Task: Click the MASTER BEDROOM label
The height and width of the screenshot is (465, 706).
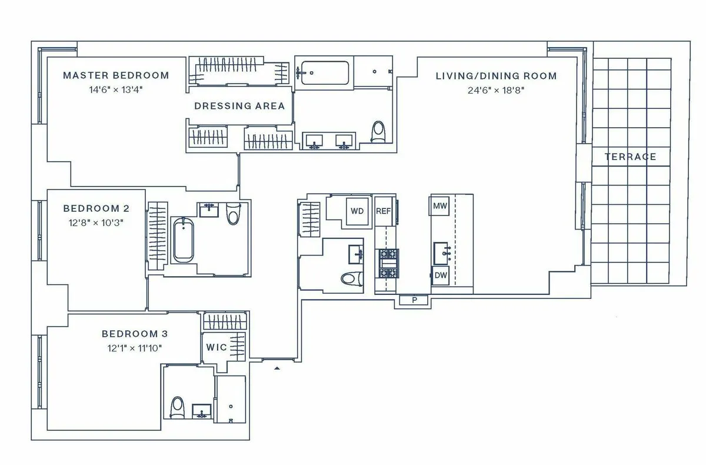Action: tap(115, 75)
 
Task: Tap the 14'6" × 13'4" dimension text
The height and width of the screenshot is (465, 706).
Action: tap(115, 89)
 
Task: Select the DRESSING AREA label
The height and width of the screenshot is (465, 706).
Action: tap(239, 106)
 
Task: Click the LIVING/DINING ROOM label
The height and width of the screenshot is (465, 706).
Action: tap(496, 76)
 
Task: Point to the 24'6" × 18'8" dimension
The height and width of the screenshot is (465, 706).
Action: tap(496, 90)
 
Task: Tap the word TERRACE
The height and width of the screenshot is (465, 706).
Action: tap(630, 157)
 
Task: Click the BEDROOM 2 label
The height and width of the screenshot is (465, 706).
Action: tap(96, 208)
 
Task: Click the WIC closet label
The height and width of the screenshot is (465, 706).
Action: tap(216, 347)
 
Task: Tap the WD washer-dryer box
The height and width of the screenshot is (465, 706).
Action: tap(357, 211)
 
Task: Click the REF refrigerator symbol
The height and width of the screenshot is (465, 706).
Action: tap(384, 211)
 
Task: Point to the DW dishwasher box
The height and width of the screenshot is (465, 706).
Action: tap(440, 275)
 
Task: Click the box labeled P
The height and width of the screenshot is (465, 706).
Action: tap(415, 300)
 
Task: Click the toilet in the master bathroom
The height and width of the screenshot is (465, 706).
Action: tap(378, 131)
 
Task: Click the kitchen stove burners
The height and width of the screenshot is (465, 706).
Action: tap(387, 264)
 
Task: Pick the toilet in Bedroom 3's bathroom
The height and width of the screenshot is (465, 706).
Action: tap(177, 406)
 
